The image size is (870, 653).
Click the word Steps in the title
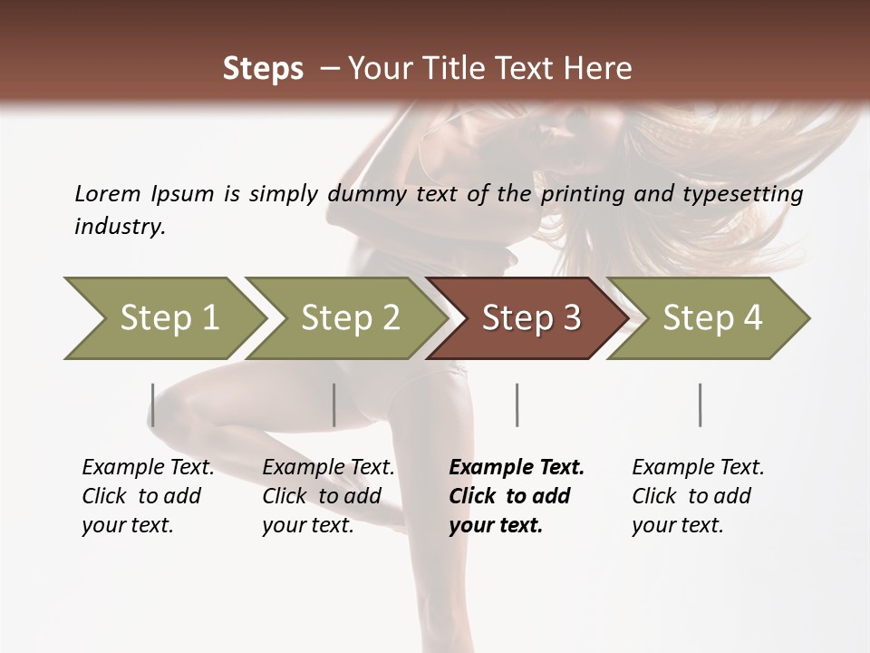click(263, 68)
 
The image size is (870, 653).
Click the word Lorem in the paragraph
click(107, 193)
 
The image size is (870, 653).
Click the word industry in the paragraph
click(120, 226)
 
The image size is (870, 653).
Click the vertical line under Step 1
click(152, 404)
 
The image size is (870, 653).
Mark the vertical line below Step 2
click(334, 404)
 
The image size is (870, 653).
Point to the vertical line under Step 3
click(517, 404)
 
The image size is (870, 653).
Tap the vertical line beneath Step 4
click(700, 404)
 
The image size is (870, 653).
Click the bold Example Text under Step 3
click(517, 468)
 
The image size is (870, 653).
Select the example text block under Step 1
click(147, 496)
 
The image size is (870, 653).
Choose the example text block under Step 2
click(327, 496)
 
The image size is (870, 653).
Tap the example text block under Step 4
click(697, 496)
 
